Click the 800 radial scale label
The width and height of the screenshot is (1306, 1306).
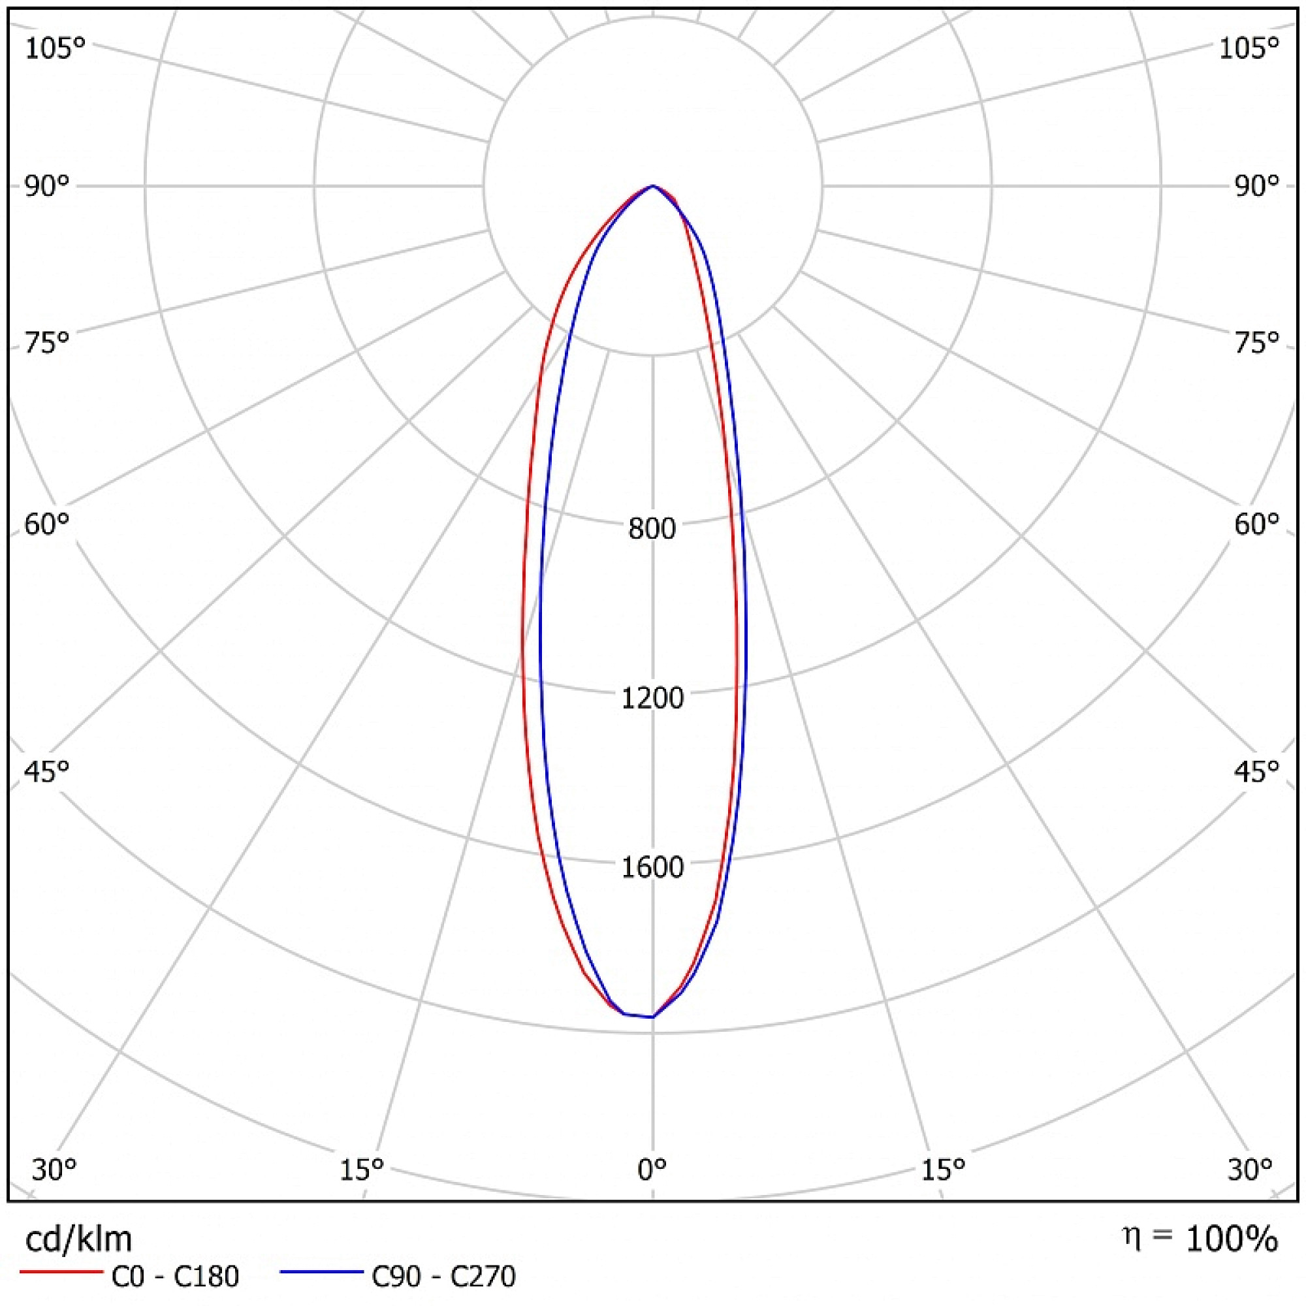coord(652,529)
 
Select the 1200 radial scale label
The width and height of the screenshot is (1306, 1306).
coord(652,697)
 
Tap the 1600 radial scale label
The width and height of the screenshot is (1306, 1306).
coord(652,867)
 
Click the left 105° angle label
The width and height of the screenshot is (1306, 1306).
coord(56,49)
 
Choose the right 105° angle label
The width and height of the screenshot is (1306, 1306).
coord(1249,49)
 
